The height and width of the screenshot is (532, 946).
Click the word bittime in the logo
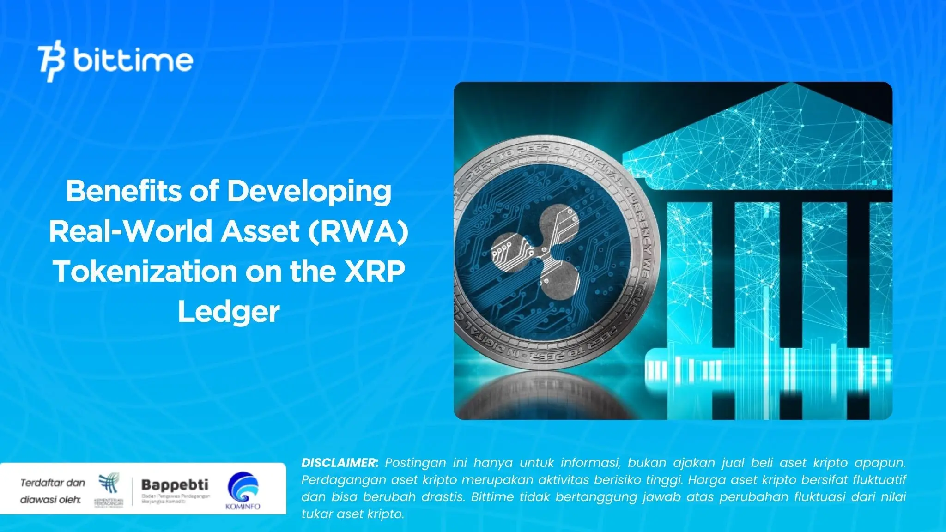coord(133,60)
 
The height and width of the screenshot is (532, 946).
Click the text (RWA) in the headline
coord(358,231)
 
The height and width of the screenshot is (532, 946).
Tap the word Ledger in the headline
coord(229,312)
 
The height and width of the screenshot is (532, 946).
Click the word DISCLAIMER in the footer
coord(340,463)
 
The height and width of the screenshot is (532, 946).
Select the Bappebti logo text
coord(175,485)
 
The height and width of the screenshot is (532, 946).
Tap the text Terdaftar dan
coord(53,483)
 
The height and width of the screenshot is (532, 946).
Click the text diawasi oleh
coord(50,500)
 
